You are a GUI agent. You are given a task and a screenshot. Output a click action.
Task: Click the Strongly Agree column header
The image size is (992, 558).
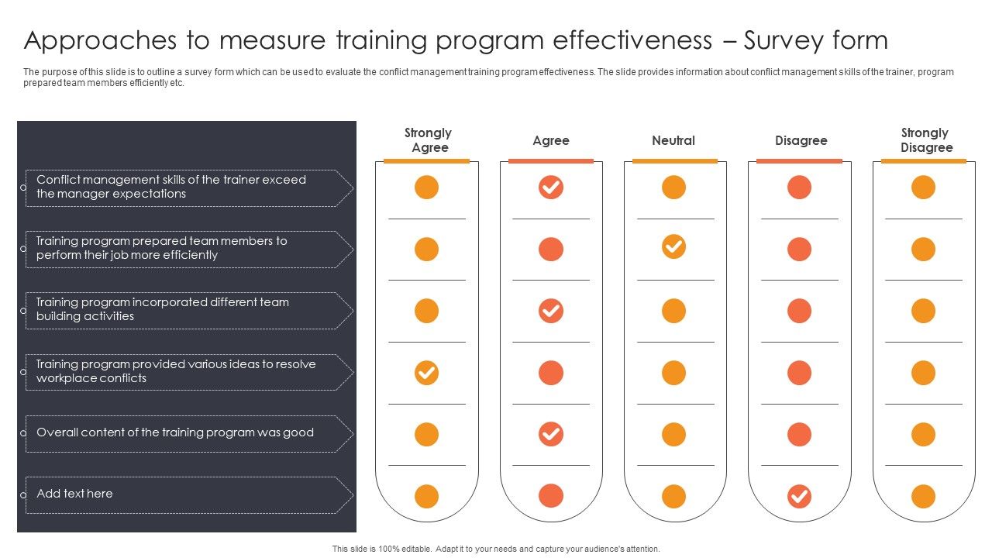(428, 140)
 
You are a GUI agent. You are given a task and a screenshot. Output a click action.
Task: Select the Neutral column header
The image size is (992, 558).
(673, 140)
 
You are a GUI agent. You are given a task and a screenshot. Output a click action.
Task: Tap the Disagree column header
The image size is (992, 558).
(801, 140)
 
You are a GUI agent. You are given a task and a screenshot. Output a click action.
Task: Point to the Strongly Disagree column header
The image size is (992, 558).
(925, 140)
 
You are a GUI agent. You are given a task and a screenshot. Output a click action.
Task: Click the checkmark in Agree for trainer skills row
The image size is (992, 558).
(550, 188)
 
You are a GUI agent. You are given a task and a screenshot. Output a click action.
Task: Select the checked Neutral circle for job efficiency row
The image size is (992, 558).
(673, 247)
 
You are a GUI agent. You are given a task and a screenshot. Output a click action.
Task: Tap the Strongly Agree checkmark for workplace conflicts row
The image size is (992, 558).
(426, 373)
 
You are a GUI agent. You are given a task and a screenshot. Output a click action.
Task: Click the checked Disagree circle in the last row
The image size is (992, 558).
(799, 496)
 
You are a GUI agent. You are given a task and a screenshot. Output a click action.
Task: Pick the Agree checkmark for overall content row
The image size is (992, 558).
(550, 434)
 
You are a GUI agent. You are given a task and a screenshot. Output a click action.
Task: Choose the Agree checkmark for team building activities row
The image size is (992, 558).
(550, 311)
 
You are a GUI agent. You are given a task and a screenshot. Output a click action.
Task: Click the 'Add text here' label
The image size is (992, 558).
(74, 494)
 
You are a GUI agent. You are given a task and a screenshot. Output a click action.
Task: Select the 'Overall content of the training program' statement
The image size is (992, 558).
(174, 432)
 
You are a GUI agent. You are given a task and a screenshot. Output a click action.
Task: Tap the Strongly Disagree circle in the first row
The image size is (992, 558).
(923, 188)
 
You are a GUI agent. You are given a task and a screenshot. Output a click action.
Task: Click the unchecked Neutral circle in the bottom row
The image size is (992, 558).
(673, 496)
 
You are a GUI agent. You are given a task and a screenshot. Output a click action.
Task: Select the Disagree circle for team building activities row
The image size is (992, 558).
(799, 311)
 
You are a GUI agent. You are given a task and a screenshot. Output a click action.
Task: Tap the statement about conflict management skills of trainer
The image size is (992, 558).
(170, 187)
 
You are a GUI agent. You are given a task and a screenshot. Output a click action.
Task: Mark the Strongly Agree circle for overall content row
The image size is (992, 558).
(426, 434)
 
